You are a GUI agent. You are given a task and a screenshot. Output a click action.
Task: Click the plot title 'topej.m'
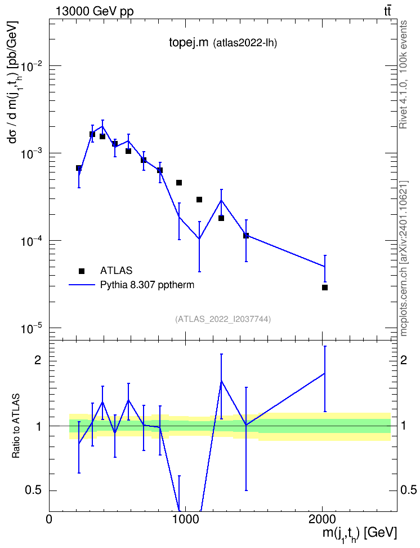coord(189,43)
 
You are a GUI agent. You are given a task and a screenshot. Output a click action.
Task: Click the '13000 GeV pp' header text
coord(95,11)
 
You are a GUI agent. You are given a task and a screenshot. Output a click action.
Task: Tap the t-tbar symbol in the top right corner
coord(387,11)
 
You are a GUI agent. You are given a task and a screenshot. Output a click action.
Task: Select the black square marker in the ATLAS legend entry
coord(82,271)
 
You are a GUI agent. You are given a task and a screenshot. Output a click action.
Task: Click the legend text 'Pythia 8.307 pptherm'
coord(147,285)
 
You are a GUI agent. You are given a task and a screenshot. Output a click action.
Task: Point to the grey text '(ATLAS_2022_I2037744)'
coord(223,319)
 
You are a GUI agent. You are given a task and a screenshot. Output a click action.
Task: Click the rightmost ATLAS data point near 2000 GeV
coord(325,288)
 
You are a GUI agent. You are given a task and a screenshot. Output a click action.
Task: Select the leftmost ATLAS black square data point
coord(79,168)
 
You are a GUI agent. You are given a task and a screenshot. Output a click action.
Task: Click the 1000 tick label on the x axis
coord(185,519)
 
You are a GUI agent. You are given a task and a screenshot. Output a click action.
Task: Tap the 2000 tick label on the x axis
coord(322,519)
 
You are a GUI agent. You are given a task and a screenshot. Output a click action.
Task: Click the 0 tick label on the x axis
coord(49,519)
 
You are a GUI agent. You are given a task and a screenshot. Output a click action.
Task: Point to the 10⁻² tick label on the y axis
coord(32,65)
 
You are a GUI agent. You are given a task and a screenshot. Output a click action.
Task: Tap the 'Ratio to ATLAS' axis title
coord(16,426)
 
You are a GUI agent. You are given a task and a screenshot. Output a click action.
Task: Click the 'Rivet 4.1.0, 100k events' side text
coord(403,74)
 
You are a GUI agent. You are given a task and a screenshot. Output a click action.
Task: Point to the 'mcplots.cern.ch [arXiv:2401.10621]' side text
coord(404,259)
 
